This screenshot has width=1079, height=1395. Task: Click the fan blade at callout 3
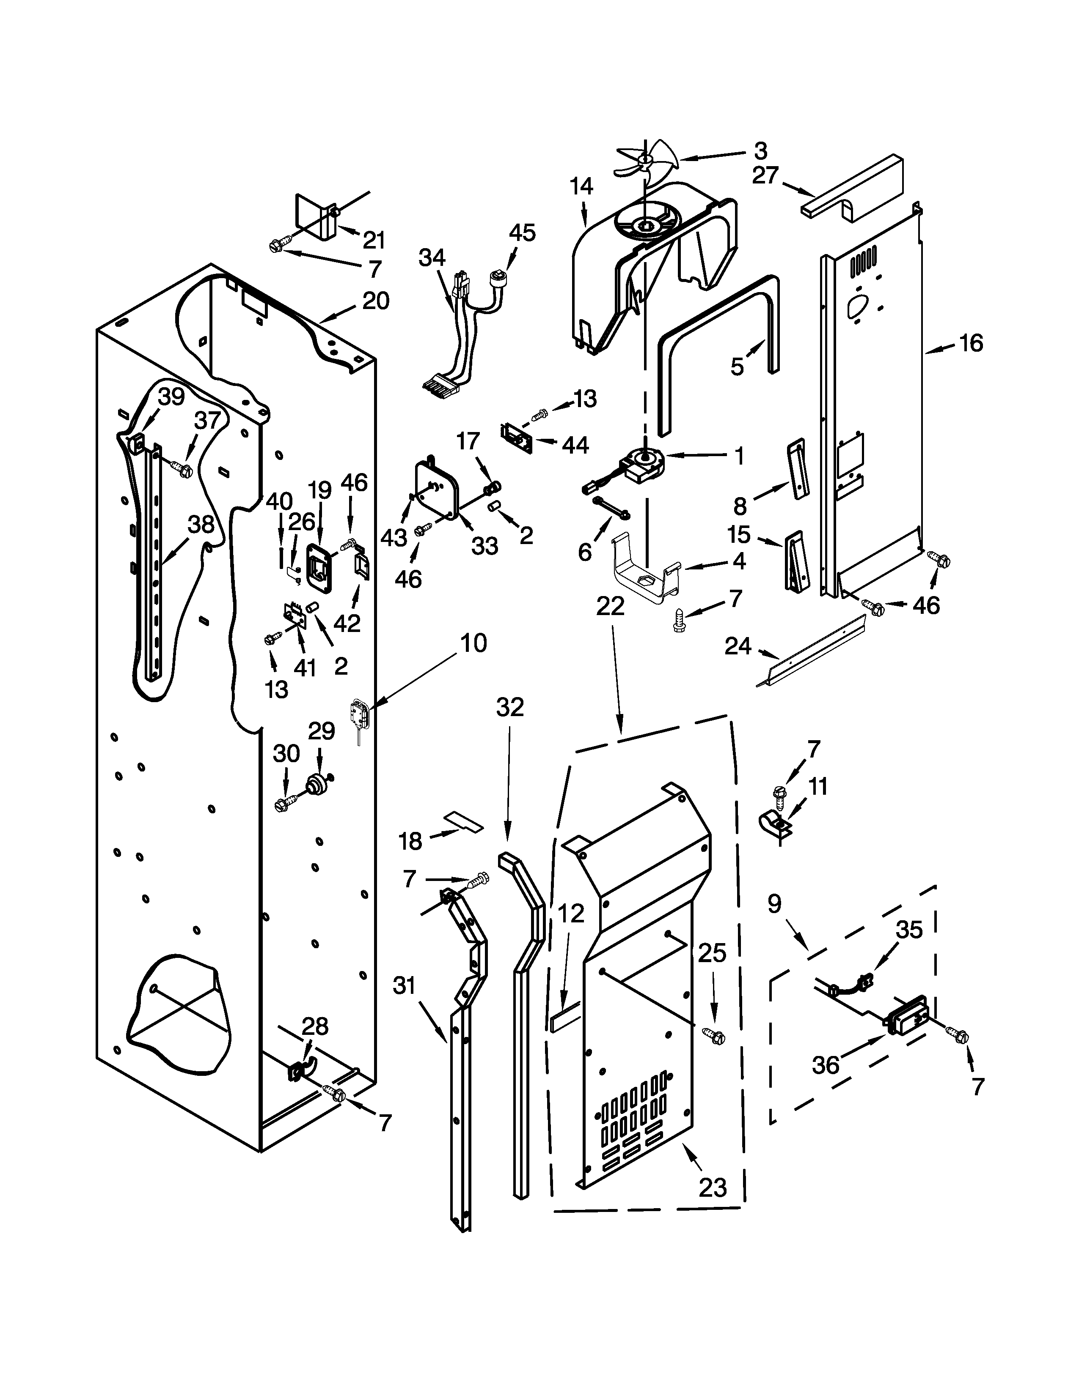coord(642,162)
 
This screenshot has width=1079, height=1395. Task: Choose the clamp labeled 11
coord(773,824)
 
